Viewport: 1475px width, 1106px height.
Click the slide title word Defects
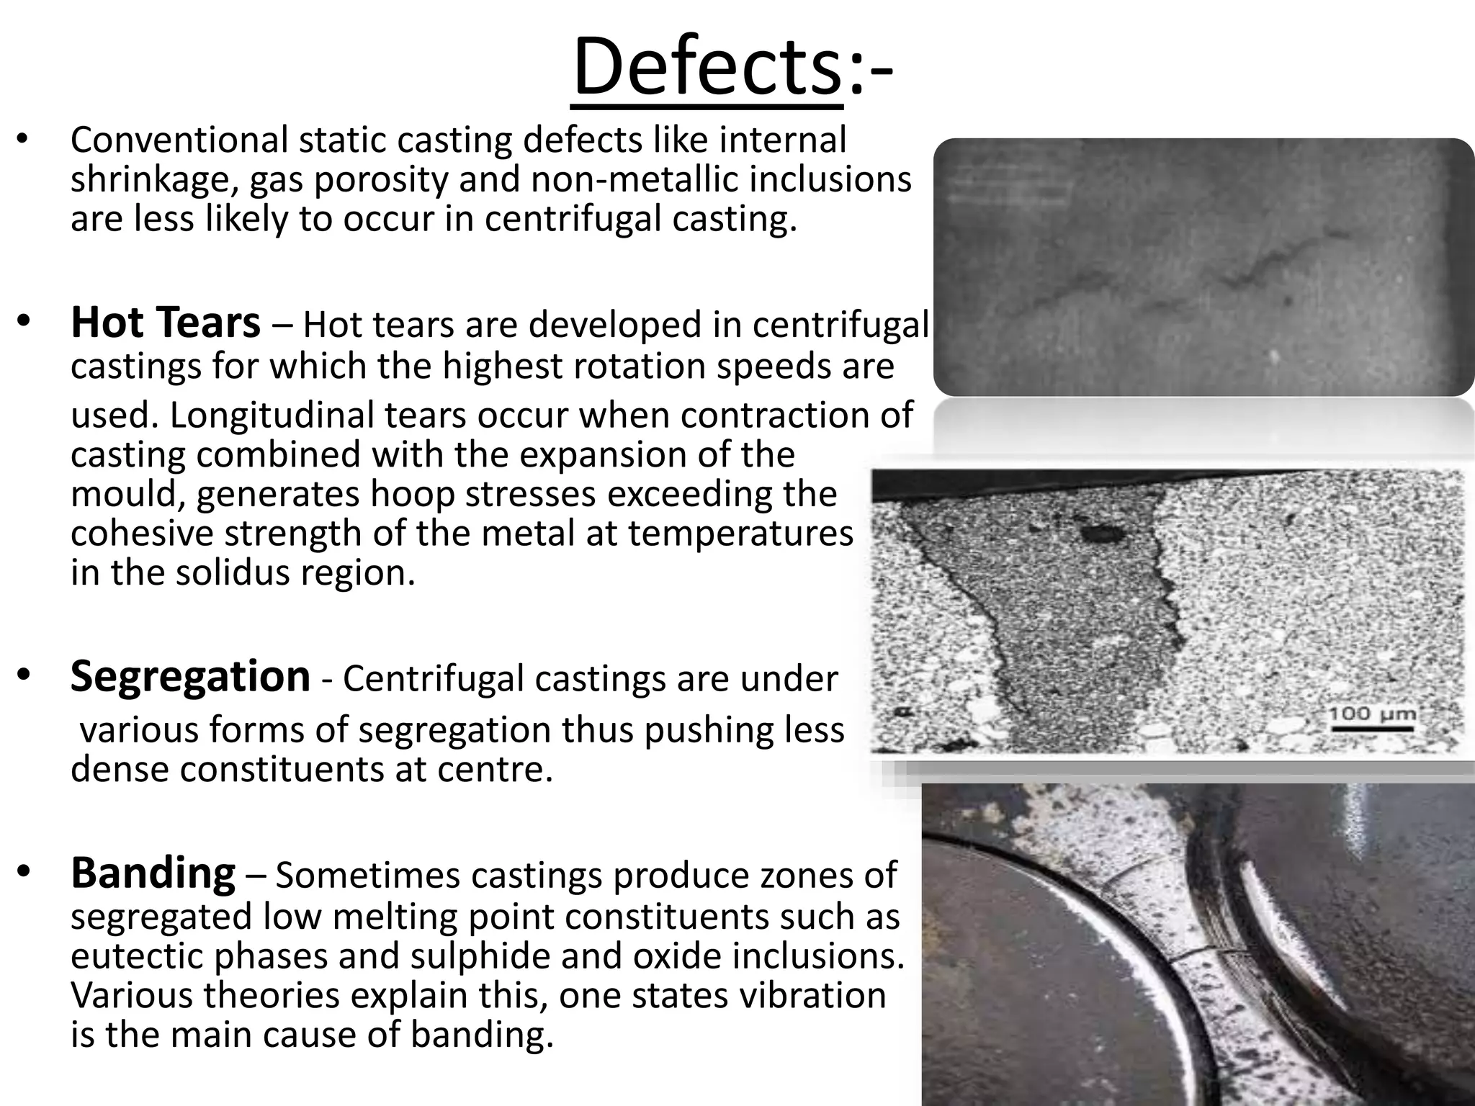tap(707, 68)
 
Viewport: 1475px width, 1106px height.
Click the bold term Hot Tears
tap(166, 323)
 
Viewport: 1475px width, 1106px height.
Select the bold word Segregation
tap(190, 677)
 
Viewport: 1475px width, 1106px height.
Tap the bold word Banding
tap(153, 873)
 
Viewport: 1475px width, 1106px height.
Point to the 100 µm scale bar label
tap(1372, 715)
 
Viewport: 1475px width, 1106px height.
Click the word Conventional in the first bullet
tap(179, 140)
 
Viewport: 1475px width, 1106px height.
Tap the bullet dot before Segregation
tap(23, 675)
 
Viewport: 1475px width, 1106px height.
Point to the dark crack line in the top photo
tap(1253, 270)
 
